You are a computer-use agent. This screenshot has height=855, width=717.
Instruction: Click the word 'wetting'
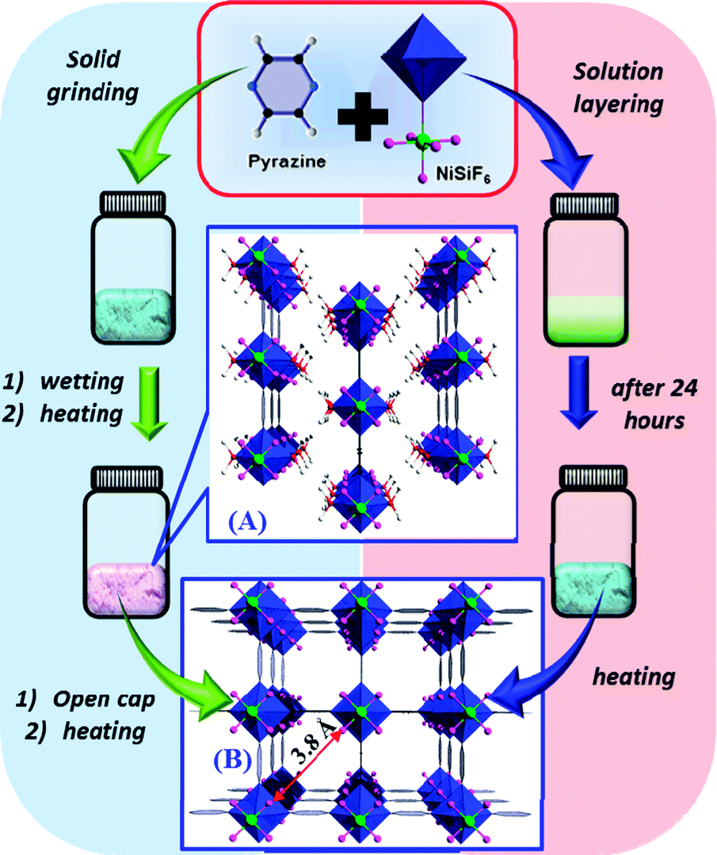point(87,381)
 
